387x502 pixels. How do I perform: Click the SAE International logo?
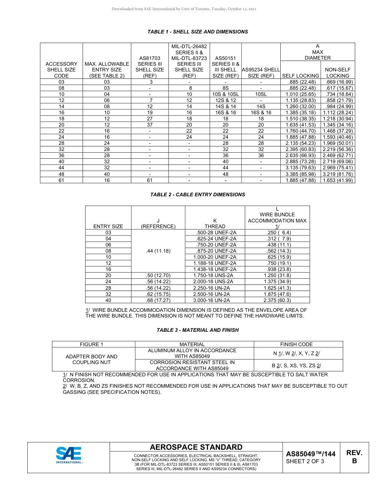(x=69, y=455)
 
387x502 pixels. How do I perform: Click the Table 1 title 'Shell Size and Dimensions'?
(x=198, y=32)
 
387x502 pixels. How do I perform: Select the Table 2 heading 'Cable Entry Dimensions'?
(x=198, y=195)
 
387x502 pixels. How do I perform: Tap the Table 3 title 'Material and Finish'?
(x=198, y=330)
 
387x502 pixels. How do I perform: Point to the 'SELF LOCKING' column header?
(x=300, y=76)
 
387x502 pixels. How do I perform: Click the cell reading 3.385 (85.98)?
(x=300, y=174)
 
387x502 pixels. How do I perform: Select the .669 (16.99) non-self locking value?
(x=338, y=82)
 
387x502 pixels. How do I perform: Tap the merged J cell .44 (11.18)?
(x=158, y=251)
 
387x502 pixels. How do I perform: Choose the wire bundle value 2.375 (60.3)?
(x=277, y=300)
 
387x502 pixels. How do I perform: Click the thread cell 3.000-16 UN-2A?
(x=215, y=300)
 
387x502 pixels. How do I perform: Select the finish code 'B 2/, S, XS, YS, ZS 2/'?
(x=296, y=365)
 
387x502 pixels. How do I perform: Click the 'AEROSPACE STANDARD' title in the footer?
(x=196, y=447)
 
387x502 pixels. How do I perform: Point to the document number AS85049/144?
(x=310, y=454)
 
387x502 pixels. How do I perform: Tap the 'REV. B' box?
(x=354, y=457)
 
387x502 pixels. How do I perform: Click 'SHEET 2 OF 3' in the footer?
(x=305, y=462)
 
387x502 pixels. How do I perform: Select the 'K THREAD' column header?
(x=215, y=223)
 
